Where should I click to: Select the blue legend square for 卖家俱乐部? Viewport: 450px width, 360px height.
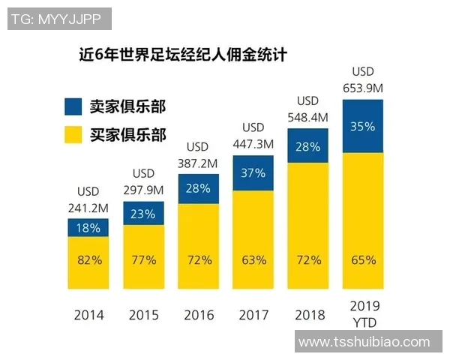coord(74,106)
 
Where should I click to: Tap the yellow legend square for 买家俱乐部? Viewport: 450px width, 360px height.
coord(74,135)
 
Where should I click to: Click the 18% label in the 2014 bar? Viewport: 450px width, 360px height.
coord(88,228)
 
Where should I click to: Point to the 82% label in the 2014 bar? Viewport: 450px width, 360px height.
coord(88,260)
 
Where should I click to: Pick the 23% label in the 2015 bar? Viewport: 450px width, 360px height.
coord(143,214)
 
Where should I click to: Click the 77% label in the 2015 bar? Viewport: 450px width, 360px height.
coord(143,260)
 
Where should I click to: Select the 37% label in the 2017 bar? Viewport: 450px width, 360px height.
coord(253,173)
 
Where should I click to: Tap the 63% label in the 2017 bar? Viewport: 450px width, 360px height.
coord(253,260)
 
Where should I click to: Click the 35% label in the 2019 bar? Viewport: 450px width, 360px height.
coord(362,127)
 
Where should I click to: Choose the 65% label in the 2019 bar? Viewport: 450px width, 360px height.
coord(362,260)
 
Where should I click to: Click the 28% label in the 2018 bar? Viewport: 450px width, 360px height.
coord(307,146)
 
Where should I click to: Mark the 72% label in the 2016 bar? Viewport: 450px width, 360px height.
coord(198,260)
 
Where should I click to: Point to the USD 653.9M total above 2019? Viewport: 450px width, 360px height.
coord(362,79)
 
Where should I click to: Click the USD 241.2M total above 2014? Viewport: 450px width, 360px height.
coord(88,199)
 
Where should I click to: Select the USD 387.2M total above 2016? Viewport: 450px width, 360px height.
coord(198,154)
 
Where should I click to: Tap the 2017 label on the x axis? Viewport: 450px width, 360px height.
coord(253,314)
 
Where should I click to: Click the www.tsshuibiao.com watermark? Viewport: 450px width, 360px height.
coord(364,342)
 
